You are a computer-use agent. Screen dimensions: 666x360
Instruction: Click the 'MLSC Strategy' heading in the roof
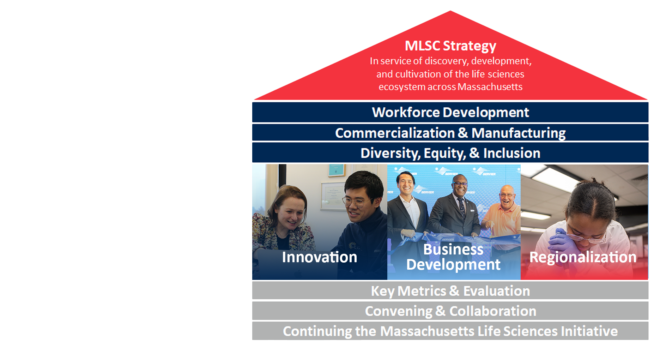(450, 46)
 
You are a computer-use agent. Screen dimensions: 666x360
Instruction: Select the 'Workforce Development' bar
(450, 112)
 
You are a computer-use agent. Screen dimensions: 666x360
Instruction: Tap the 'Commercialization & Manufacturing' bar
(450, 133)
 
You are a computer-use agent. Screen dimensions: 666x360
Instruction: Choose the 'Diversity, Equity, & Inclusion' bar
(450, 153)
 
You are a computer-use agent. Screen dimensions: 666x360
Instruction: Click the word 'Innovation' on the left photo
(319, 257)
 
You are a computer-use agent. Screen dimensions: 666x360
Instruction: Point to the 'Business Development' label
(453, 257)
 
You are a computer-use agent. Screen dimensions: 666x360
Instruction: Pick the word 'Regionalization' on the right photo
(583, 257)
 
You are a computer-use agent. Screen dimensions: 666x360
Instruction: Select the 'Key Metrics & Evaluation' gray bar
(450, 290)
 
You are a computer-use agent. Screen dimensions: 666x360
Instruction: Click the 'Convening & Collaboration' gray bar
(450, 311)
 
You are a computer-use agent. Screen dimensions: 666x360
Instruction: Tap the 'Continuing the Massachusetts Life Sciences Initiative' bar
(450, 331)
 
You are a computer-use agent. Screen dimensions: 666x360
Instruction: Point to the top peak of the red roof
(450, 11)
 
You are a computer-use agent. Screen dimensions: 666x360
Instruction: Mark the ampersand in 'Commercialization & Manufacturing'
(463, 133)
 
